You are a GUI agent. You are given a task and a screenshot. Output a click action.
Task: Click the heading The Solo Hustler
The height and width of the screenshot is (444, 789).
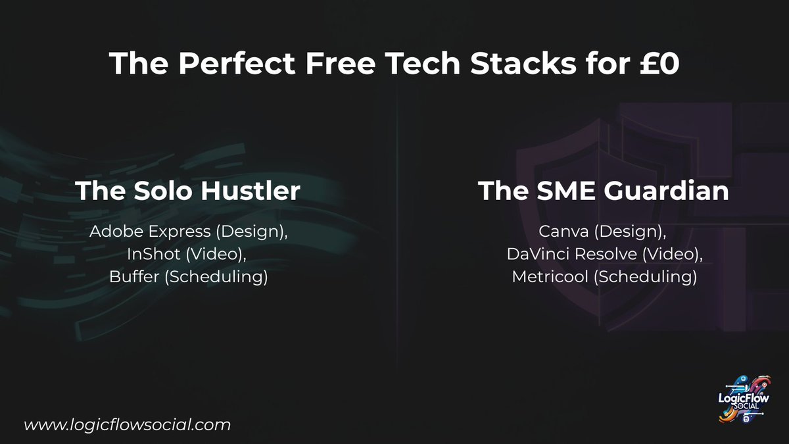(188, 191)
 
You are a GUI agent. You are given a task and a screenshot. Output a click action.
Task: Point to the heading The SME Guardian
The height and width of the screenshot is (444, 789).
(604, 191)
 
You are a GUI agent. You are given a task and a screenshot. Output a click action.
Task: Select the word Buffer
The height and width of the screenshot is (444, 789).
(134, 277)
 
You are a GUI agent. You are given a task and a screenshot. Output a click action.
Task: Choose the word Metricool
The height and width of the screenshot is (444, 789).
(550, 277)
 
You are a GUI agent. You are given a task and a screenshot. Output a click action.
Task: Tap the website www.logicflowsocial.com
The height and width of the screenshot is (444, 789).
(128, 425)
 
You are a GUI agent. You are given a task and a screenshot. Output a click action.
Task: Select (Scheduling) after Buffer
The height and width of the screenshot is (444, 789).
(216, 277)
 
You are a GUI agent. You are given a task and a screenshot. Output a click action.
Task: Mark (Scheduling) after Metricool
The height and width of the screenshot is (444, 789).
(645, 277)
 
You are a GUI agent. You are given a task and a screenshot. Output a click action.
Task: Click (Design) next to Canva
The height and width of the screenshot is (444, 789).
(629, 232)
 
